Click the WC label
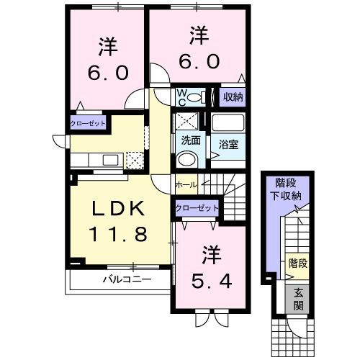pyautogui.click(x=181, y=97)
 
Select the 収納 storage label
pyautogui.click(x=233, y=97)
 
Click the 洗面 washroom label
pyautogui.click(x=191, y=140)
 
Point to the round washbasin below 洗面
pyautogui.click(x=187, y=158)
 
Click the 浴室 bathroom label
pyautogui.click(x=228, y=144)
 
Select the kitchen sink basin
pyautogui.click(x=110, y=160)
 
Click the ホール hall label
pyautogui.click(x=186, y=185)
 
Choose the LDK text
pyautogui.click(x=119, y=208)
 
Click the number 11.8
pyautogui.click(x=118, y=234)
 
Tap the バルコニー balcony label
pyautogui.click(x=127, y=279)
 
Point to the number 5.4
pyautogui.click(x=212, y=282)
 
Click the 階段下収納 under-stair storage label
pyautogui.click(x=286, y=189)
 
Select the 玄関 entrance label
pyautogui.click(x=298, y=299)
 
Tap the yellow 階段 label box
pyautogui.click(x=297, y=266)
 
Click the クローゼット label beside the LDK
pyautogui.click(x=197, y=208)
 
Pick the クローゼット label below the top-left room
pyautogui.click(x=88, y=123)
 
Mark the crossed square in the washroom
pyautogui.click(x=187, y=122)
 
